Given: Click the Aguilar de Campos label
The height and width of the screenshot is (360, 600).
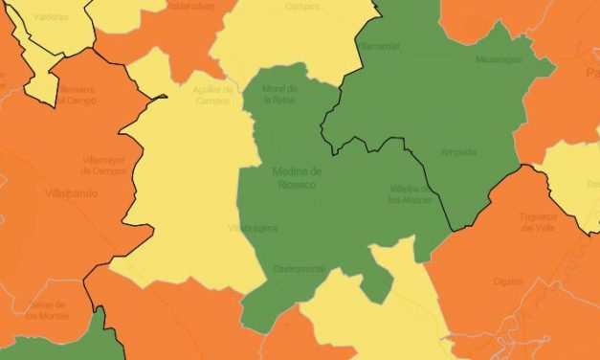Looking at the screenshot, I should (213, 94).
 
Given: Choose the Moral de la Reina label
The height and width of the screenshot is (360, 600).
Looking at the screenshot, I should (279, 94).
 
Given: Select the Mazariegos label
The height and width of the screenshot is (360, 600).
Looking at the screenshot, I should (499, 59).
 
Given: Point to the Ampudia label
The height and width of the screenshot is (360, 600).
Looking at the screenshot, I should (458, 151).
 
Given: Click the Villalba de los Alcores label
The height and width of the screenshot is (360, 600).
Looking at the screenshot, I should (409, 194).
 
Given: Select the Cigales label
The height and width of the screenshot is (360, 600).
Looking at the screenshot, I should (508, 281).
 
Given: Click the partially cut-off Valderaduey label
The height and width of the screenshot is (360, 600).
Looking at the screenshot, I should (190, 5).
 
